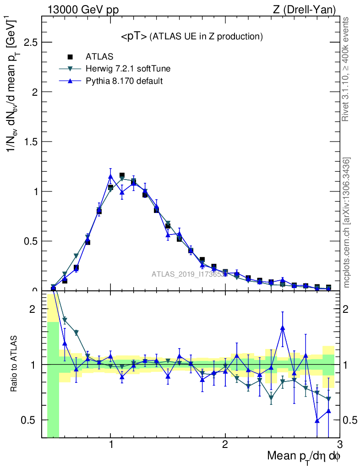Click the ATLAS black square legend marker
(71, 57)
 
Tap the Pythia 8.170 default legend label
(124, 81)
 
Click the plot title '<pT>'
(134, 37)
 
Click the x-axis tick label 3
(339, 445)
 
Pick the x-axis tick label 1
(110, 445)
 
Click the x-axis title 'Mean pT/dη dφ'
(304, 456)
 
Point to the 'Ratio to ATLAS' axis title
(15, 365)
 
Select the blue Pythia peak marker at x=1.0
(110, 176)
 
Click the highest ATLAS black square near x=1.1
(122, 175)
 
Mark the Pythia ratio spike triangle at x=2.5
(283, 327)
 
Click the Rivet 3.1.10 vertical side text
(346, 69)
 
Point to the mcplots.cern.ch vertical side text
(347, 223)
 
